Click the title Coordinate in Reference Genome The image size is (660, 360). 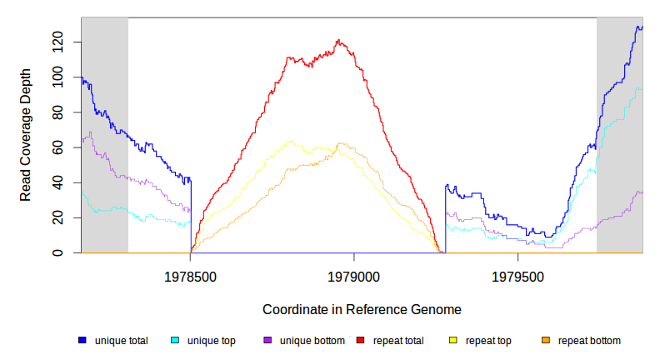[362, 309]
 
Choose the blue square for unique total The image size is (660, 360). [82, 340]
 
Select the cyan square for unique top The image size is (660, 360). [175, 340]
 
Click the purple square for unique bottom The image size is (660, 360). [267, 340]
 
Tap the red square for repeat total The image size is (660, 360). [361, 340]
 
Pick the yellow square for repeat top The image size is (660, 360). [453, 340]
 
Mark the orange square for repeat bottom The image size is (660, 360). [546, 340]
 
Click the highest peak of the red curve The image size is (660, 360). [338, 40]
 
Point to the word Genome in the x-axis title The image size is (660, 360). [436, 309]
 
